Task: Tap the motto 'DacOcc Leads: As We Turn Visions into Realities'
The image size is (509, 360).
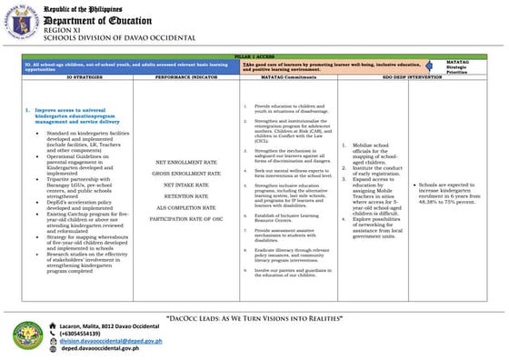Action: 255,319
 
